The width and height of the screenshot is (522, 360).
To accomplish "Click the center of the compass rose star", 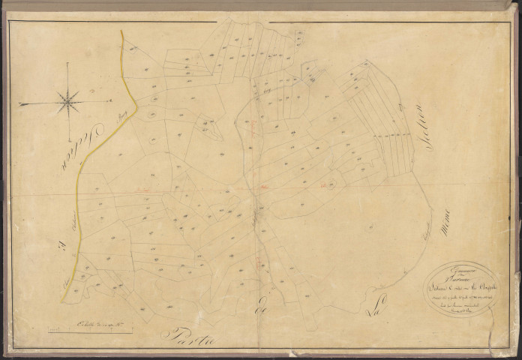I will click(68, 100).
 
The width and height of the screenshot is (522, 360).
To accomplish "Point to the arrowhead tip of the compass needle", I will click(20, 104).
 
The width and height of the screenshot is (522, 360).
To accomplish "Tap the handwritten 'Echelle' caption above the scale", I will click(93, 322).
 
